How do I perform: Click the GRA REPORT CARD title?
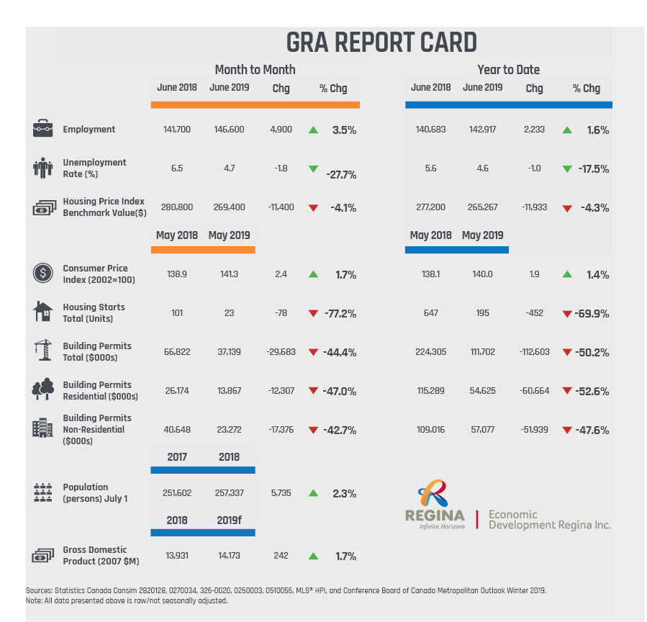pos(381,43)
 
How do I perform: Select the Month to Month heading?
pos(255,70)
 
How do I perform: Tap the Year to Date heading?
pos(508,70)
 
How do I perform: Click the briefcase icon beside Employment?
pos(43,130)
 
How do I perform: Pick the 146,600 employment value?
pos(229,130)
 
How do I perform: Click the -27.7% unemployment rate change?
pos(342,174)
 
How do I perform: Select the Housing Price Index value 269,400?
pos(229,207)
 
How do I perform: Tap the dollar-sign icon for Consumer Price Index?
pos(42,274)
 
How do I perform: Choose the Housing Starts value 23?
pos(229,313)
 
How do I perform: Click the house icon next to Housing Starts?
pos(43,312)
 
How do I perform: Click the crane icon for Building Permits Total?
pos(42,351)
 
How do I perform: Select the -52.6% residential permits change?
pos(592,391)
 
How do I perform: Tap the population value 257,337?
pos(229,493)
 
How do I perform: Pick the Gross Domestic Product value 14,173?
pos(229,556)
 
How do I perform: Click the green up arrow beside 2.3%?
pos(313,494)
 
